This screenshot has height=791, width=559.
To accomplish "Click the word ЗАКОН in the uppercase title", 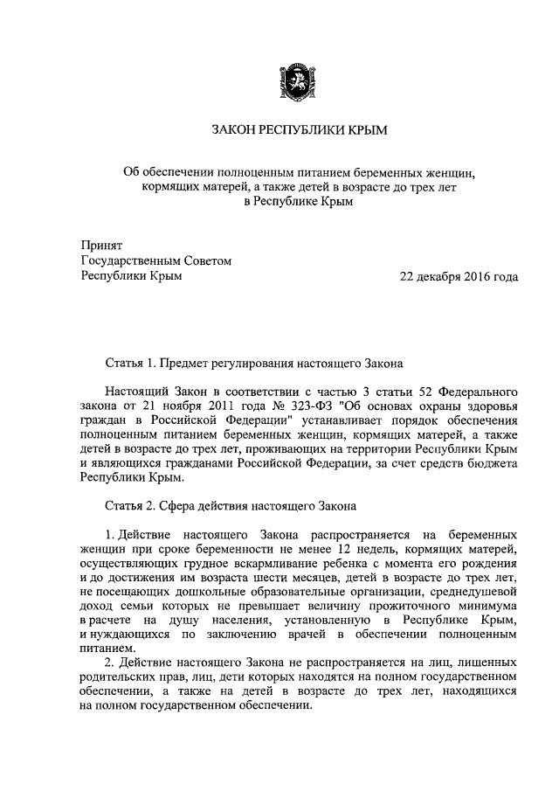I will click(234, 130).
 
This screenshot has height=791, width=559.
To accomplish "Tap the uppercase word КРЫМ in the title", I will click(366, 130).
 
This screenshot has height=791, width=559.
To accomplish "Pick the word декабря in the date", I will click(434, 276).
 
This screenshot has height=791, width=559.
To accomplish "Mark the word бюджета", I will click(487, 463).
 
